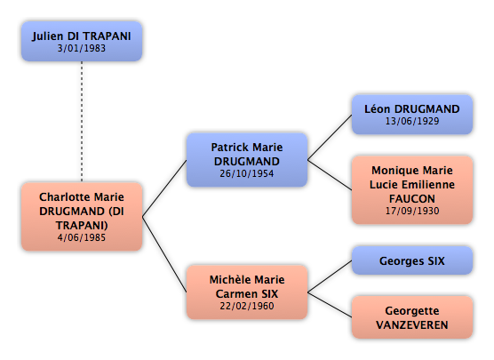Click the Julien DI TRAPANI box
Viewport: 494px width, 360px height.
click(82, 41)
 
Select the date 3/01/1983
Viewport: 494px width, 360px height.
click(82, 48)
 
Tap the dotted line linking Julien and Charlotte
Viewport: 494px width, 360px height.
click(82, 122)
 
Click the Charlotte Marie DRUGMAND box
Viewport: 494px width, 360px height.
click(82, 217)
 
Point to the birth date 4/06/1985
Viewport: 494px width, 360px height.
click(82, 237)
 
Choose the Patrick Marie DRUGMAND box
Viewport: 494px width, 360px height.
click(247, 160)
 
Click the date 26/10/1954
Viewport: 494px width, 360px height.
click(247, 173)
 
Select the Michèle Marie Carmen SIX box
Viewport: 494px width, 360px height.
click(247, 292)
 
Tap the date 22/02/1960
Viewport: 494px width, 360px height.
click(247, 306)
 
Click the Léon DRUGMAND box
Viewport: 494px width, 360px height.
click(412, 115)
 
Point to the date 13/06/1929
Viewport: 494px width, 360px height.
click(412, 121)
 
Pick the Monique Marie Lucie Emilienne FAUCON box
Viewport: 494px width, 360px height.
click(412, 189)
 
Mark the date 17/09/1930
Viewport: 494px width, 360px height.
click(412, 211)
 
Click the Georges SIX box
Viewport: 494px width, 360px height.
click(412, 260)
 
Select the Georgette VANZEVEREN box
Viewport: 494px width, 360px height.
click(412, 317)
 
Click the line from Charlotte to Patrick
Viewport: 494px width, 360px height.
click(164, 188)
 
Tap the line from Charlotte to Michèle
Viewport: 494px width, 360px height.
click(164, 254)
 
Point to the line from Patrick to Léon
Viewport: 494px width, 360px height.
click(330, 137)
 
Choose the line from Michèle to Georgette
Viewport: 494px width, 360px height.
click(330, 305)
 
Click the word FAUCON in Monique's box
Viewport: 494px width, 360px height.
click(412, 198)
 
